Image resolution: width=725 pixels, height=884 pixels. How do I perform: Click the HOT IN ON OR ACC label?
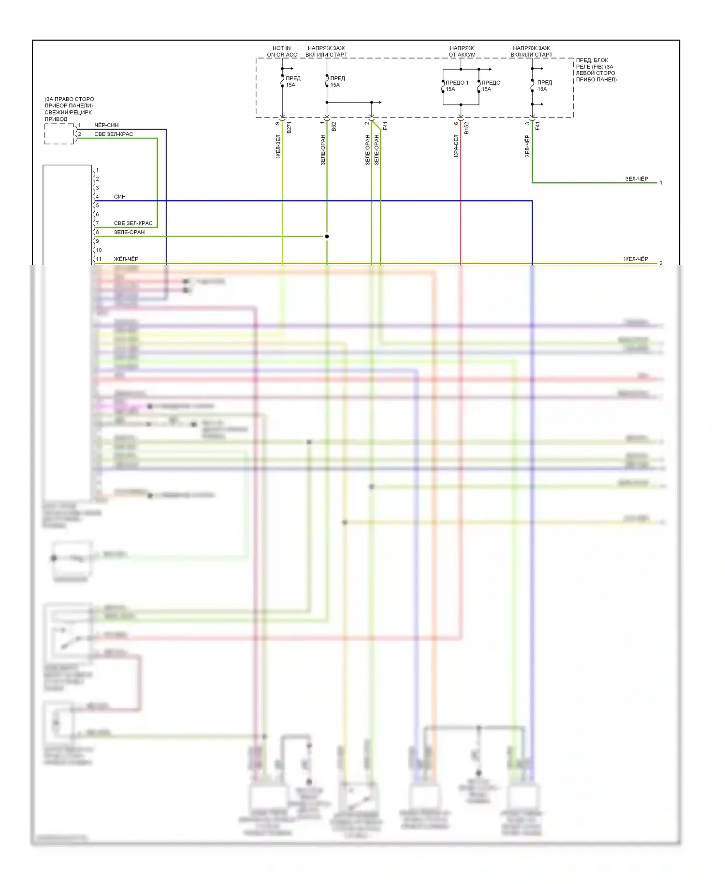click(282, 51)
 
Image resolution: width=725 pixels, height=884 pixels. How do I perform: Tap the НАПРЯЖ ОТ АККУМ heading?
click(462, 51)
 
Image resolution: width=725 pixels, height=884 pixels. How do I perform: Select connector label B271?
click(289, 128)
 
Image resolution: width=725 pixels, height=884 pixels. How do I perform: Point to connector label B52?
click(333, 127)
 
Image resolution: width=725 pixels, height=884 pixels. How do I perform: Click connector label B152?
click(466, 128)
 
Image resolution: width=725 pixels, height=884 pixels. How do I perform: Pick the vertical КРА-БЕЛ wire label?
click(456, 146)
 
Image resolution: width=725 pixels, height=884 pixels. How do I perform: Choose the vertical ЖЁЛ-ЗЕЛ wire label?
click(278, 147)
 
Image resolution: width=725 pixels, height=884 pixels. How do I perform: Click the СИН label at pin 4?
click(119, 197)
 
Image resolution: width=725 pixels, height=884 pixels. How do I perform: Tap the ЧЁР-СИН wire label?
click(106, 125)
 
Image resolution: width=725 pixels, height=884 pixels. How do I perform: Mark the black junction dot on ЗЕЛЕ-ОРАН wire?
click(327, 236)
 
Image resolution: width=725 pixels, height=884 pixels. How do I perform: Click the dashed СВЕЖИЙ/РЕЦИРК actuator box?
click(59, 134)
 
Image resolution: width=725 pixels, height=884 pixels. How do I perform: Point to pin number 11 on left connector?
click(99, 259)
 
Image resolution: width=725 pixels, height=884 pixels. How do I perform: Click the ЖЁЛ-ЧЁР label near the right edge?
click(636, 259)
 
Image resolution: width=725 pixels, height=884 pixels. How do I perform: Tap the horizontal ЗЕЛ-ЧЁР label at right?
click(637, 179)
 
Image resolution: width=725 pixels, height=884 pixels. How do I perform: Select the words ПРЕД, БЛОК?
click(592, 60)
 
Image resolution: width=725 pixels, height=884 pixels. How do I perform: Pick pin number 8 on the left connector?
click(97, 232)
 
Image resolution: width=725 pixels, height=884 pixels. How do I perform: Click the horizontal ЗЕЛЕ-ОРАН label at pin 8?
click(129, 232)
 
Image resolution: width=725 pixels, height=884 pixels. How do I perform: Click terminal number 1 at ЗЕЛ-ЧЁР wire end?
click(661, 183)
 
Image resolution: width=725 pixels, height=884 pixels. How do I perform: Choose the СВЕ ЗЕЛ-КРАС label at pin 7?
click(133, 223)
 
